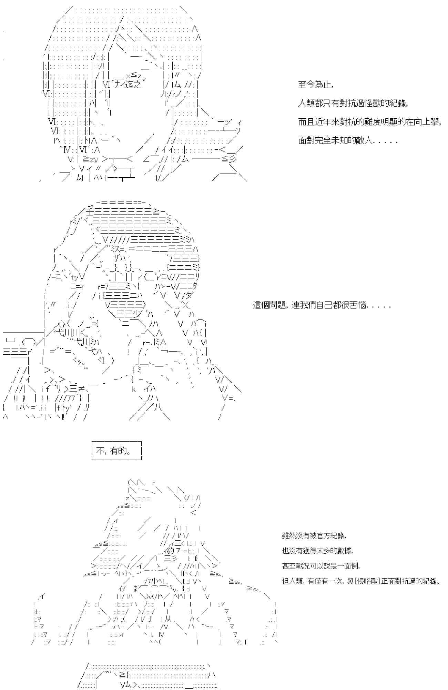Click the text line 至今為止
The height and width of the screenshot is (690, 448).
pyautogui.click(x=316, y=85)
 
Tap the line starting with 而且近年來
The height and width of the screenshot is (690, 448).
pyautogui.click(x=369, y=122)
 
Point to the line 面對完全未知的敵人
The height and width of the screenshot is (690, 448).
pyautogui.click(x=348, y=141)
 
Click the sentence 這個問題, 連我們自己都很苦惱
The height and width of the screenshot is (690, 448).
pyautogui.click(x=322, y=305)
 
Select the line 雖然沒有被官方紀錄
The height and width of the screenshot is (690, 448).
pyautogui.click(x=314, y=535)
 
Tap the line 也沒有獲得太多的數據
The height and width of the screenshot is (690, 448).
pyautogui.click(x=317, y=551)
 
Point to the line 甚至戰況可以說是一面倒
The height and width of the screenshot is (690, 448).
pyautogui.click(x=321, y=566)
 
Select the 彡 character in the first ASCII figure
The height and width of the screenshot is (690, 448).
pyautogui.click(x=233, y=159)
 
